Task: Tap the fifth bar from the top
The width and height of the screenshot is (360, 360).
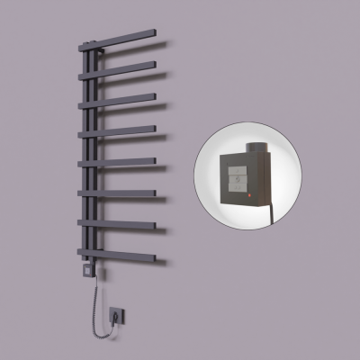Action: tap(121, 162)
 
